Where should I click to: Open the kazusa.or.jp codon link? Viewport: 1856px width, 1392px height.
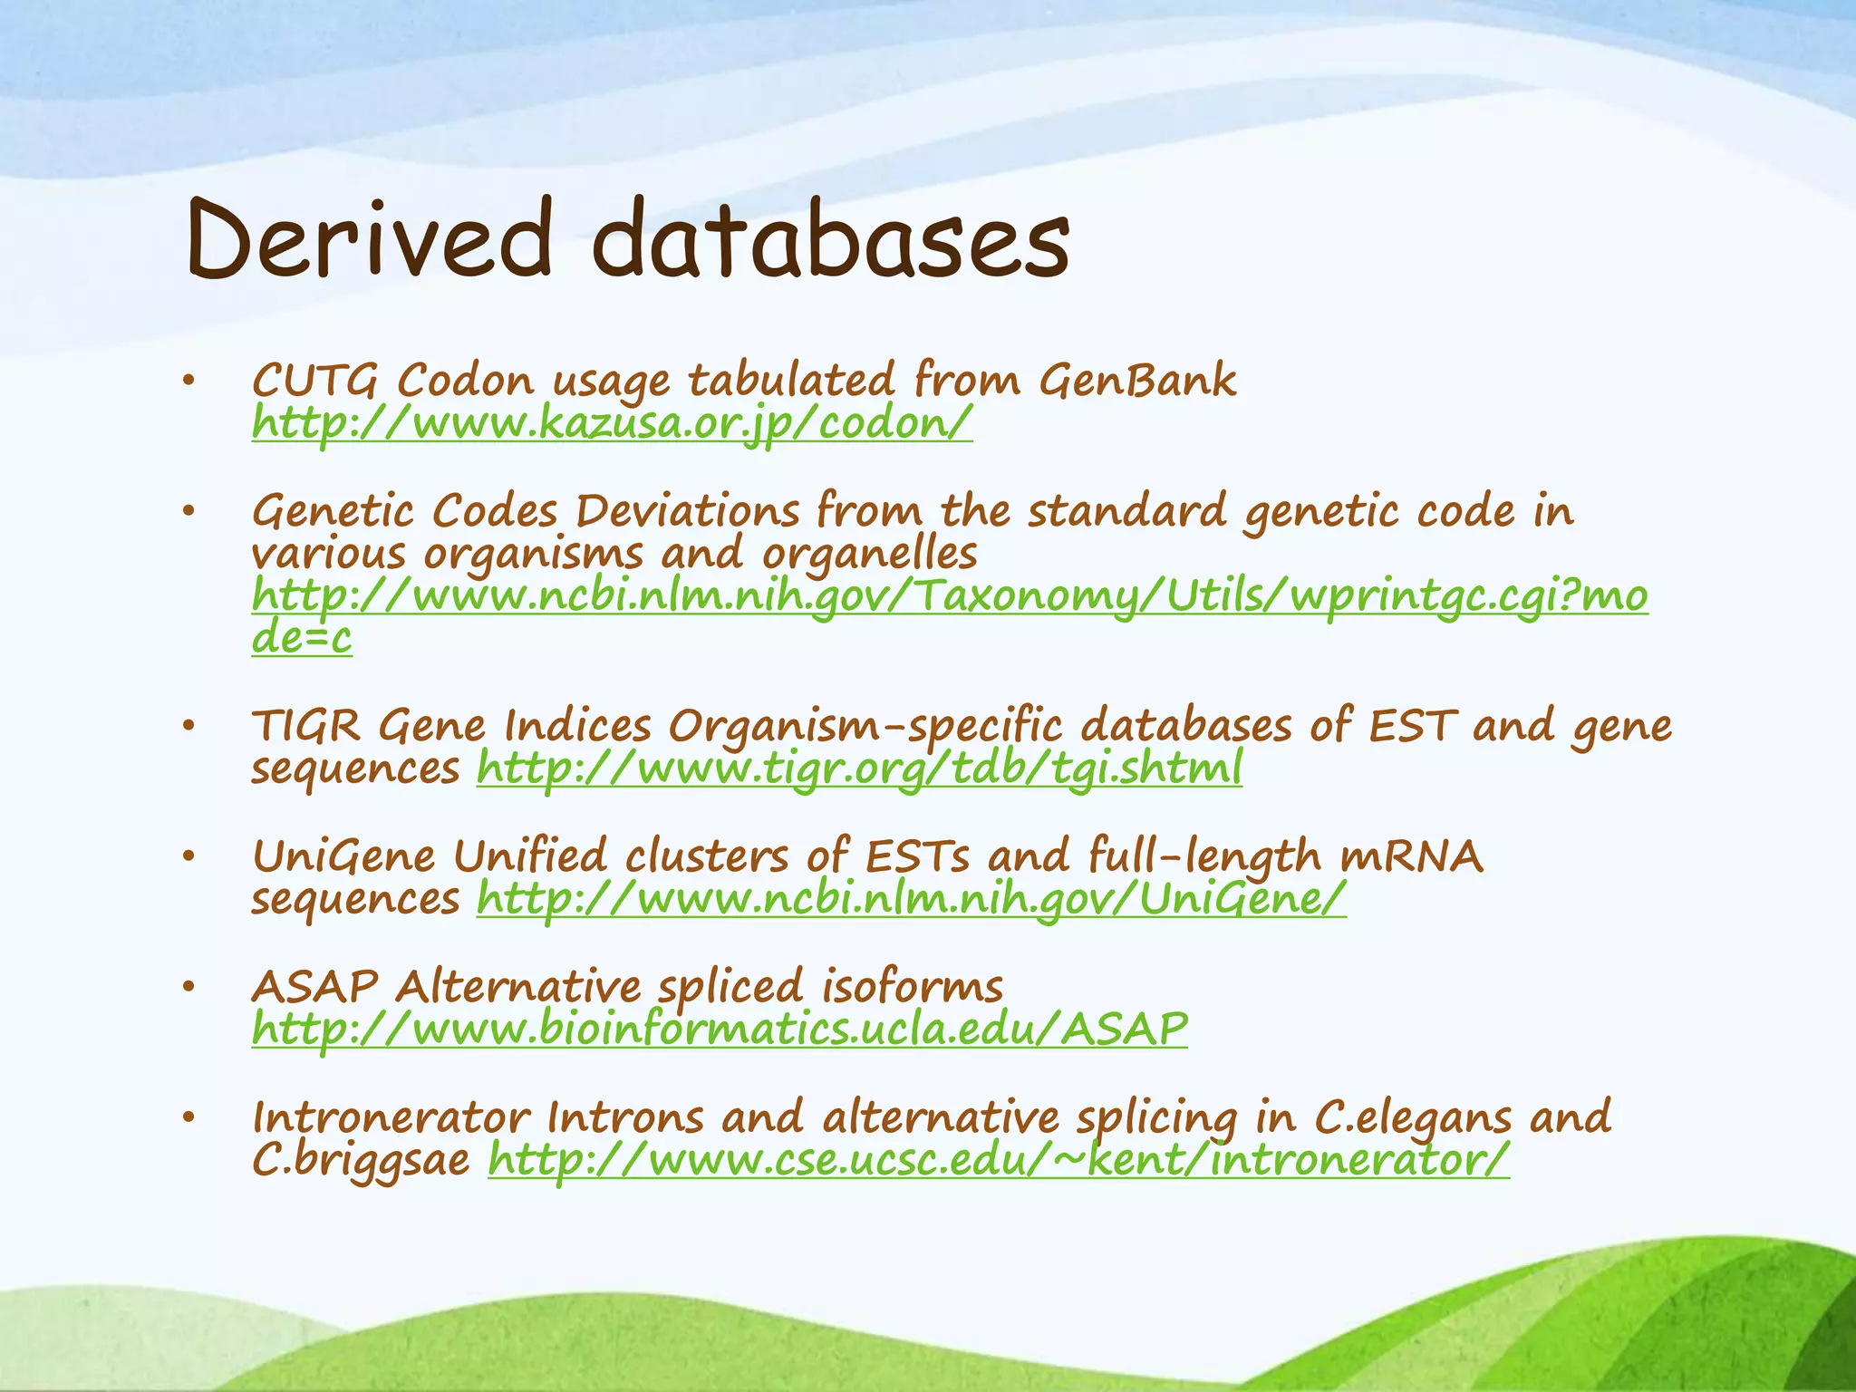pos(612,422)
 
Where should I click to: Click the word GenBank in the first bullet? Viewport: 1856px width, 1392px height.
pos(1136,380)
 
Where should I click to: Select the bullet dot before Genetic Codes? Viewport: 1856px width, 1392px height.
pos(188,513)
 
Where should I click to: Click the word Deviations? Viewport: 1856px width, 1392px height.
pos(687,511)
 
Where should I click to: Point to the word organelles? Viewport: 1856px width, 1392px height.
pos(869,554)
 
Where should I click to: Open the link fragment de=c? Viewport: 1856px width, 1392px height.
pos(301,638)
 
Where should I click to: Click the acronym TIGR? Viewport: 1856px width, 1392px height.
pos(305,726)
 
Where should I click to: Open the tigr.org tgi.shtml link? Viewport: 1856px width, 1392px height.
pos(858,769)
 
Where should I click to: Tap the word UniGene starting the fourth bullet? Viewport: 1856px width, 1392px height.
pos(343,856)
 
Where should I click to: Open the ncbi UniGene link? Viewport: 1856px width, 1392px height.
pos(911,899)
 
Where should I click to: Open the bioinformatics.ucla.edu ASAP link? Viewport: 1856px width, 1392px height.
pos(719,1029)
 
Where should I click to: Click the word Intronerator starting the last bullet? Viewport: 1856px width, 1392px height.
pos(391,1116)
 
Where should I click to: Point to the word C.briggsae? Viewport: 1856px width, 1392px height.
pos(361,1159)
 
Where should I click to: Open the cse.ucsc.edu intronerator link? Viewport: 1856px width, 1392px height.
pos(998,1159)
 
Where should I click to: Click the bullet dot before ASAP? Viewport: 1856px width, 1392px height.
pos(188,988)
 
